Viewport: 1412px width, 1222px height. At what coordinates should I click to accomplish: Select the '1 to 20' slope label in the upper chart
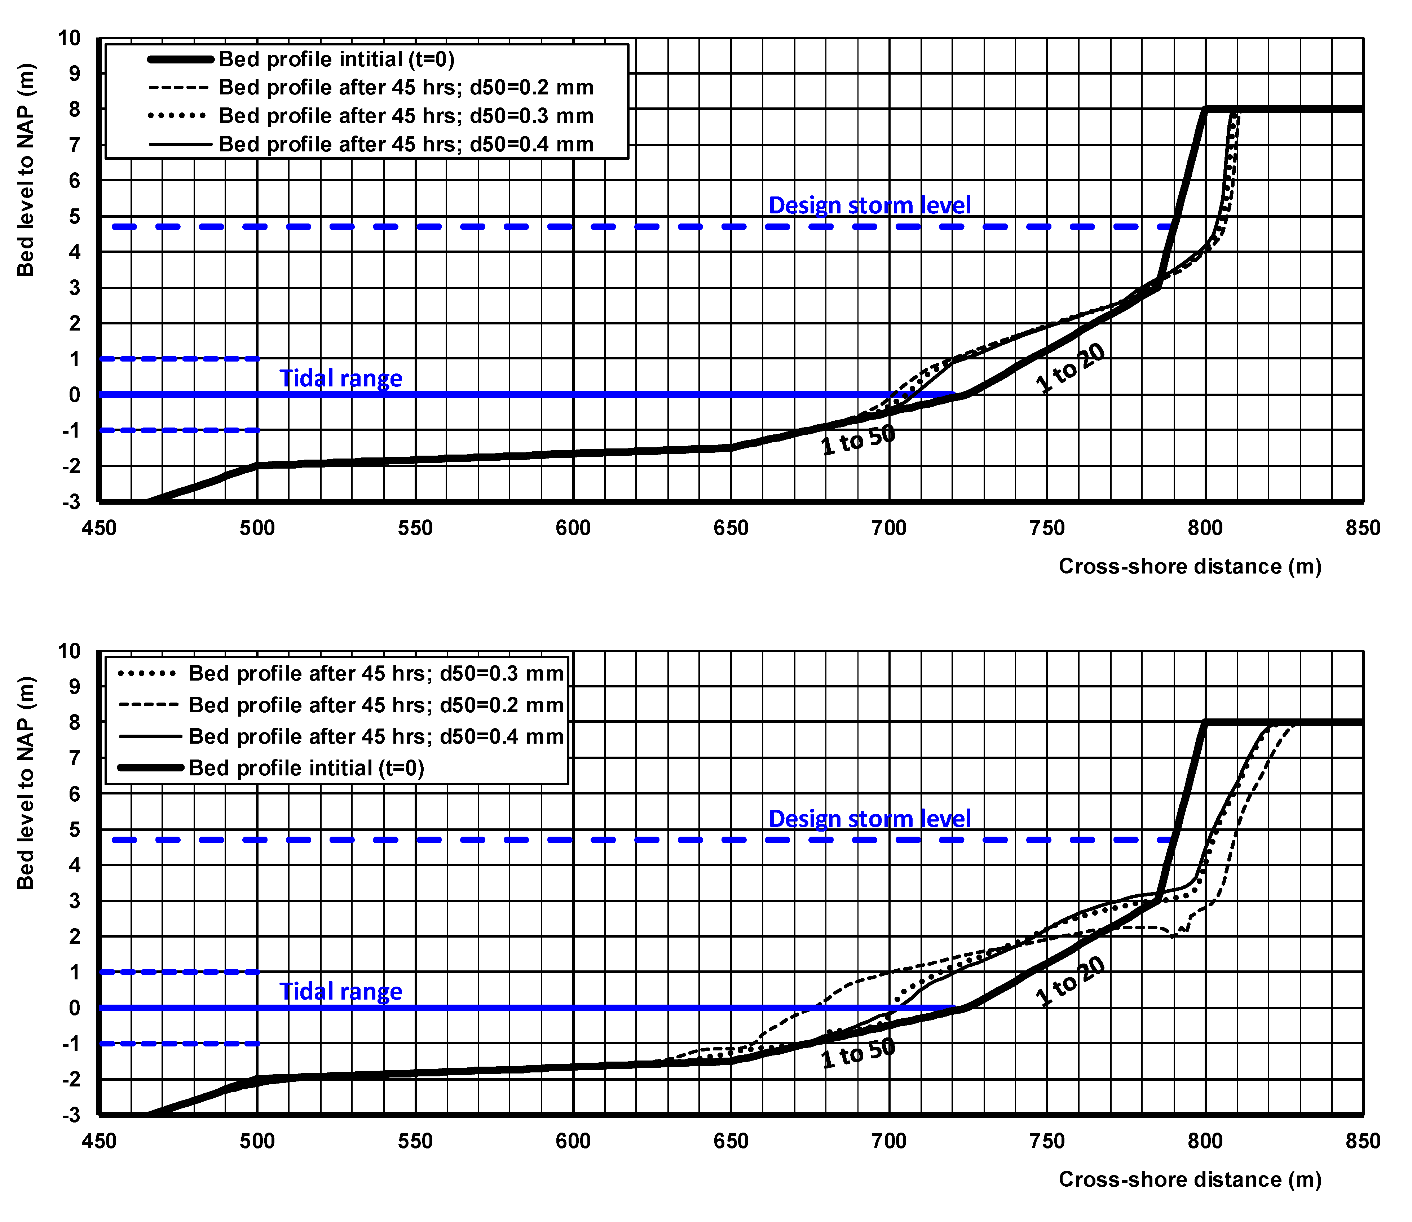tap(1069, 368)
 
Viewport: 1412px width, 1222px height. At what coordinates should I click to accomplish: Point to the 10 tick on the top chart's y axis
tap(70, 38)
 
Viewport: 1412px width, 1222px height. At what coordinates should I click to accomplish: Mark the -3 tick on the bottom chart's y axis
tap(71, 1116)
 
